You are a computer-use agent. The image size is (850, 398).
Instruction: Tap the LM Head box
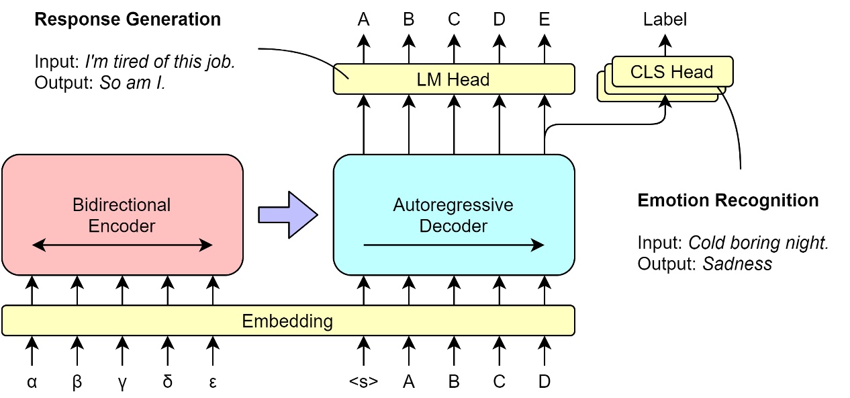point(454,79)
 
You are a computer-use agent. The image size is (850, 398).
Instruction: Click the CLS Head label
point(671,72)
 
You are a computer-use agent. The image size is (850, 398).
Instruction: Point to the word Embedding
point(287,321)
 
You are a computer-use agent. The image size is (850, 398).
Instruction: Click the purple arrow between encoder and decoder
point(287,214)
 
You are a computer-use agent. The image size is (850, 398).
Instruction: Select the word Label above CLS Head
point(665,19)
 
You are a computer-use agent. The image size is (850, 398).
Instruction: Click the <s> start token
point(363,382)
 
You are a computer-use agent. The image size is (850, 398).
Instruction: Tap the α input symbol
point(32,382)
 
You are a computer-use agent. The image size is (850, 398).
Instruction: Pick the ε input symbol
point(212,382)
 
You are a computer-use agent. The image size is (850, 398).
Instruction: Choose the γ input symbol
point(122,382)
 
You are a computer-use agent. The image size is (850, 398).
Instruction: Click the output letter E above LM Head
point(544,19)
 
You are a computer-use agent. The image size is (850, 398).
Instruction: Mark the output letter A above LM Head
point(363,19)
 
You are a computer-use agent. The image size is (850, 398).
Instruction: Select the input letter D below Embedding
point(544,382)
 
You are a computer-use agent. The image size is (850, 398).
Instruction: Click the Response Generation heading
point(128,19)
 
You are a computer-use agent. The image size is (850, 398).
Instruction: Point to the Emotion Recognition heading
point(728,200)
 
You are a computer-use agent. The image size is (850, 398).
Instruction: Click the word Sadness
point(737,264)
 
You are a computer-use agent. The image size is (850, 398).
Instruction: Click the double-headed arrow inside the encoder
point(122,245)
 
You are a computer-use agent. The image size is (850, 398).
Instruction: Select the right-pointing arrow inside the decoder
point(454,245)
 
